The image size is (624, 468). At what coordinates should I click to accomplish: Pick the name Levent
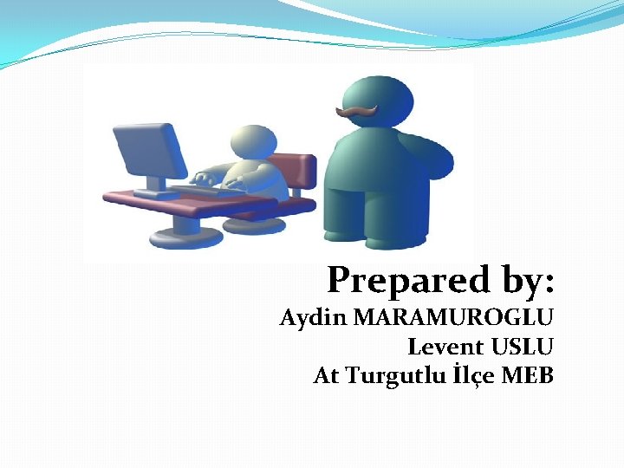(x=445, y=348)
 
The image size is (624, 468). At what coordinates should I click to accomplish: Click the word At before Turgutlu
(x=326, y=376)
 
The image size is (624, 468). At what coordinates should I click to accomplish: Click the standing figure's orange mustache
(x=357, y=110)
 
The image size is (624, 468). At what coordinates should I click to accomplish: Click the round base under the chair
(x=254, y=224)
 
